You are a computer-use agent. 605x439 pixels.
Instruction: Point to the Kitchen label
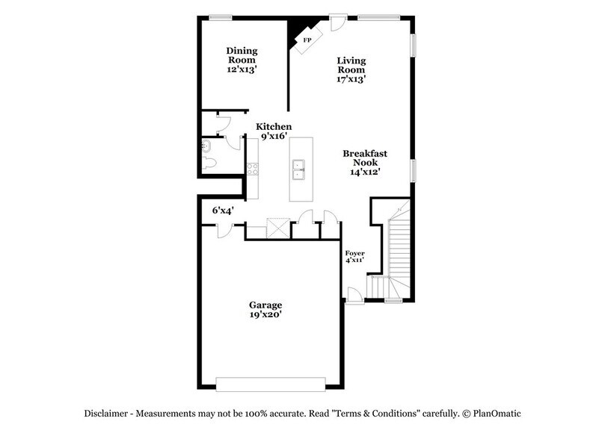pyautogui.click(x=274, y=127)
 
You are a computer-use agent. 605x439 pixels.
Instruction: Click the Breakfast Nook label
pyautogui.click(x=362, y=158)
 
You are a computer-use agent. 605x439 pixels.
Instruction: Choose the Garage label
pyautogui.click(x=265, y=305)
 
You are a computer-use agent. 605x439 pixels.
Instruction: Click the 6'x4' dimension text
pyautogui.click(x=223, y=211)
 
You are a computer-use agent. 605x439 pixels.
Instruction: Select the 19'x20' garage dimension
pyautogui.click(x=265, y=315)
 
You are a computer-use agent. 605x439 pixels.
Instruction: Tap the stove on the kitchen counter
pyautogui.click(x=253, y=169)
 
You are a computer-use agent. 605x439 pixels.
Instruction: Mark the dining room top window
pyautogui.click(x=220, y=16)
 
